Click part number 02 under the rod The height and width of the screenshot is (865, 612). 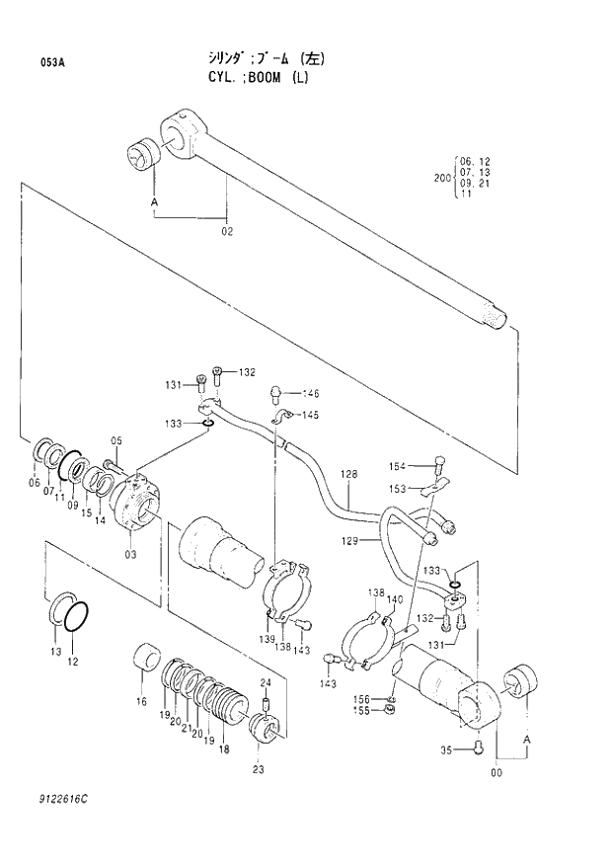227,232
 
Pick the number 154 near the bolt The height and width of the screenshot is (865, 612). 396,467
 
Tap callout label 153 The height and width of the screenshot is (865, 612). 396,489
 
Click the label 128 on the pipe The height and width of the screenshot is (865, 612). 349,476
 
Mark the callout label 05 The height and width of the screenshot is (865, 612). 116,440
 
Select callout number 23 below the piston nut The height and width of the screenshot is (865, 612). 258,769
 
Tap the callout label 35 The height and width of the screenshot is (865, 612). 446,750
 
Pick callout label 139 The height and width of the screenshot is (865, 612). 268,640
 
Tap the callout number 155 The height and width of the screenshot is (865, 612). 363,710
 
